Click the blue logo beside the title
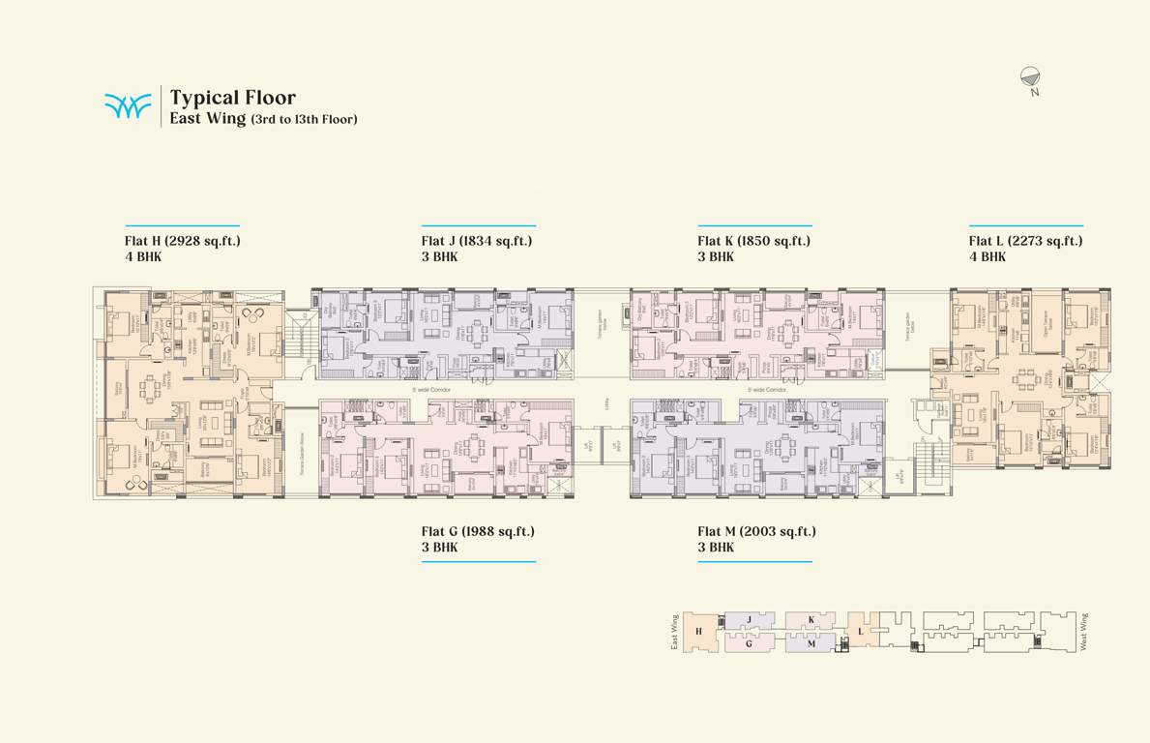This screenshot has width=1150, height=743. click(128, 105)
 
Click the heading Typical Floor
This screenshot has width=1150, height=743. click(232, 98)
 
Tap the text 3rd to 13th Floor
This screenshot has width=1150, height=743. click(304, 119)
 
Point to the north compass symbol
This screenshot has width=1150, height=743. click(1033, 79)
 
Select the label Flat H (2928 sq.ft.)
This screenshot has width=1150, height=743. click(182, 241)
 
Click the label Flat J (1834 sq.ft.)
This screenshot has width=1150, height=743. click(477, 241)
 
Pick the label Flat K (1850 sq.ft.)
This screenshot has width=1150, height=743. click(753, 241)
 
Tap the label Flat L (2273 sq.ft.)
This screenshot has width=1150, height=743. click(1025, 241)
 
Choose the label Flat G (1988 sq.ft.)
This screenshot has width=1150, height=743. click(478, 531)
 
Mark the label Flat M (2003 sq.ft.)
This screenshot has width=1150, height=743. click(756, 531)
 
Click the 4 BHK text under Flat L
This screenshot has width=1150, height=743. click(988, 256)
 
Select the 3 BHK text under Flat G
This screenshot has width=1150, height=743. click(440, 547)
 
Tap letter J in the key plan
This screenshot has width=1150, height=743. click(749, 619)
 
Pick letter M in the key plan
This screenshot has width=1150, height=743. click(811, 643)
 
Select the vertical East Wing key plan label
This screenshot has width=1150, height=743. click(674, 633)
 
